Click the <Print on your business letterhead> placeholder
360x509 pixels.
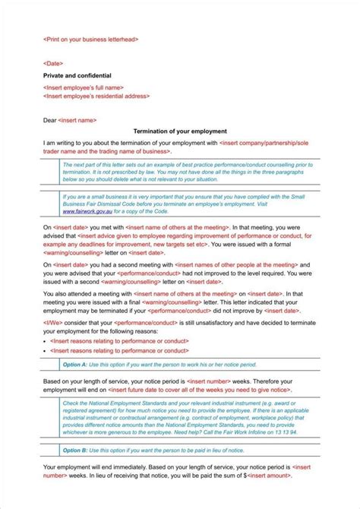[90, 39]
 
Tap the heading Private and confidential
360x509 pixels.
[77, 76]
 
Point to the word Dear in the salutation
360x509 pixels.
[50, 119]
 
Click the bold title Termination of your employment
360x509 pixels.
[179, 131]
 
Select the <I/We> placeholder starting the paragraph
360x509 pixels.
[55, 322]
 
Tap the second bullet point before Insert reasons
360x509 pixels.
[46, 350]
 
